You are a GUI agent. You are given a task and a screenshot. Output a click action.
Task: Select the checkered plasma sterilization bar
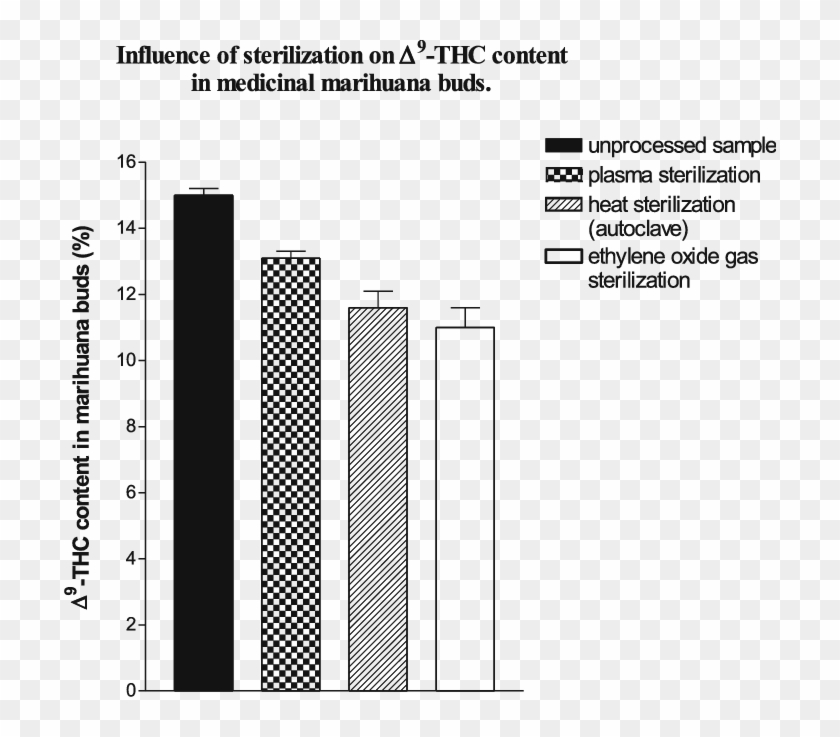290,474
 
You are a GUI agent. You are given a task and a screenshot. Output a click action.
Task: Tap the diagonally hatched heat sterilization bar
378,499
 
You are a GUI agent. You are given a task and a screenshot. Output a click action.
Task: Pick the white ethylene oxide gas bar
465,509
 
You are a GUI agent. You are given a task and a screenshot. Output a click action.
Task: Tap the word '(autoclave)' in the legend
635,228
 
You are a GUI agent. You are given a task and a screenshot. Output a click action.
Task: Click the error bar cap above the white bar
465,308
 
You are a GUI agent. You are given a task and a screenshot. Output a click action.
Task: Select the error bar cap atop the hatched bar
378,291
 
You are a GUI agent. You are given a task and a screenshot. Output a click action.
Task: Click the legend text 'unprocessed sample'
682,146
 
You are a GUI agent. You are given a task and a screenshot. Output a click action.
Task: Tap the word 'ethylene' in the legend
622,257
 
